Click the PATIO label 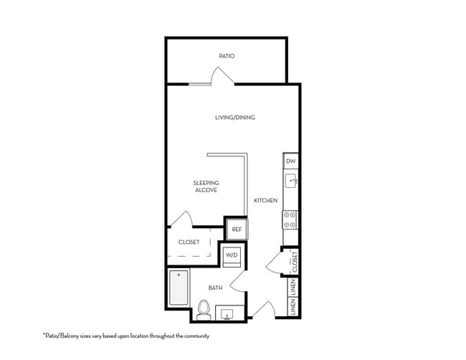227,56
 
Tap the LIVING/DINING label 235,118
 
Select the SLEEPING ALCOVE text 206,186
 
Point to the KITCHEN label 266,201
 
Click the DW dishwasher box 291,161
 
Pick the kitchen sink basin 291,181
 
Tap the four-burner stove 290,219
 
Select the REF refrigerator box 237,229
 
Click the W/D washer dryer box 232,255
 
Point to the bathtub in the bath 179,288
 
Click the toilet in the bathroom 204,310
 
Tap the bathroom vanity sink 227,314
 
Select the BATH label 216,288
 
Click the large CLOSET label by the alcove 189,242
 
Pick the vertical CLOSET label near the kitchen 295,262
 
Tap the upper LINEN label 294,288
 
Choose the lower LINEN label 294,307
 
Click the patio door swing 222,75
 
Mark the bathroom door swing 237,281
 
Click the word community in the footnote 196,336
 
